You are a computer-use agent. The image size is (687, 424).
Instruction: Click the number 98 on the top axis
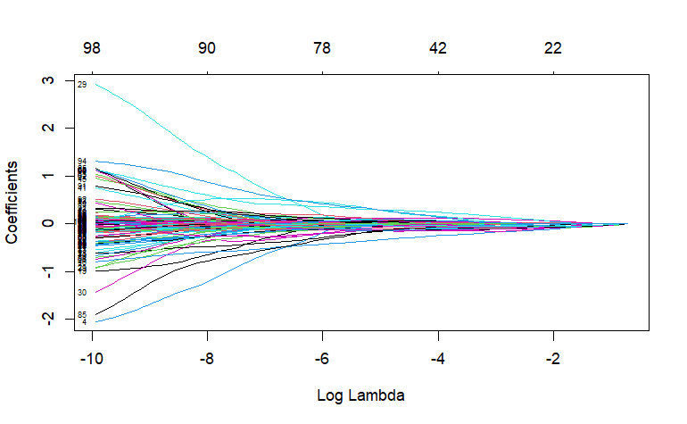pyautogui.click(x=91, y=48)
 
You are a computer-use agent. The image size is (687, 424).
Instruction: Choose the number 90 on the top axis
pyautogui.click(x=207, y=48)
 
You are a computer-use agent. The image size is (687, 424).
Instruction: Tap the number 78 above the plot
pyautogui.click(x=322, y=48)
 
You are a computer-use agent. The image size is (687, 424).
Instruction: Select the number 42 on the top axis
pyautogui.click(x=437, y=48)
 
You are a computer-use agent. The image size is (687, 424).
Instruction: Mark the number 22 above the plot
pyautogui.click(x=553, y=48)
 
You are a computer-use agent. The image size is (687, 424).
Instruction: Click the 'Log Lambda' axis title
pyautogui.click(x=361, y=394)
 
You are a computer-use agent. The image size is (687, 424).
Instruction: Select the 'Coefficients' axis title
pyautogui.click(x=13, y=203)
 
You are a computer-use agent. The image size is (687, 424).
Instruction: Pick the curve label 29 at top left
pyautogui.click(x=82, y=85)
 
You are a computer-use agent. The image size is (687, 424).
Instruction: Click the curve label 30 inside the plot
pyautogui.click(x=82, y=293)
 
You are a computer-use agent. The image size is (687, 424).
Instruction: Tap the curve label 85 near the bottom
pyautogui.click(x=82, y=315)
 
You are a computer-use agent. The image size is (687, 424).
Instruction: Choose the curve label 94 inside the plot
pyautogui.click(x=82, y=162)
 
